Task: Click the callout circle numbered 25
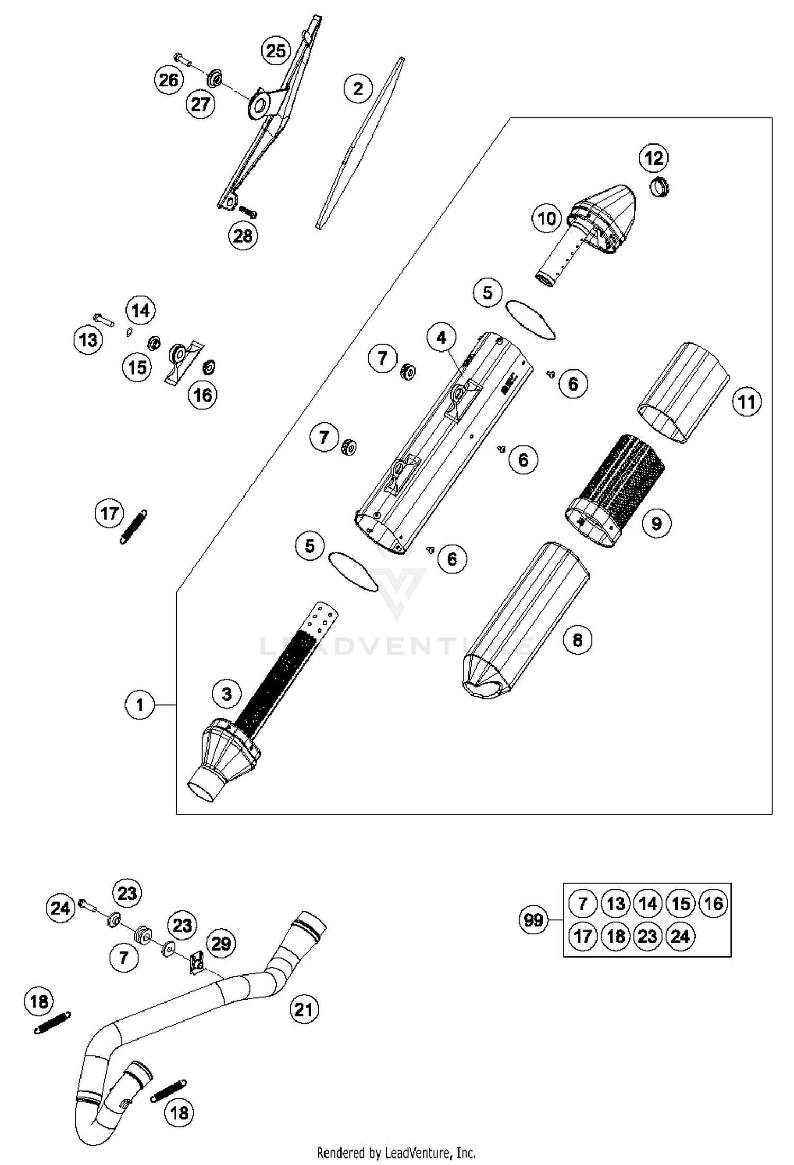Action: [x=276, y=51]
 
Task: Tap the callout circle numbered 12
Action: [x=654, y=158]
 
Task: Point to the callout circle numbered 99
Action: [x=533, y=919]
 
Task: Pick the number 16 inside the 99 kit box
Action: [x=714, y=904]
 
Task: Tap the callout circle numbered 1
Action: [x=140, y=705]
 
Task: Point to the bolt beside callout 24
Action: [x=87, y=906]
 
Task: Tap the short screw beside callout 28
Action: [x=248, y=212]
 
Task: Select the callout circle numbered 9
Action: [x=656, y=523]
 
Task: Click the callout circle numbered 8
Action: [x=578, y=640]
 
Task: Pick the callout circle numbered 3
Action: [x=227, y=693]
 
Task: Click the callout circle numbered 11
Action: [x=746, y=402]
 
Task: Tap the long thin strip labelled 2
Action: [x=360, y=143]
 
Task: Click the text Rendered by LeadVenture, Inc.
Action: [x=396, y=1152]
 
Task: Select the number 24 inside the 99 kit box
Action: [x=680, y=936]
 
